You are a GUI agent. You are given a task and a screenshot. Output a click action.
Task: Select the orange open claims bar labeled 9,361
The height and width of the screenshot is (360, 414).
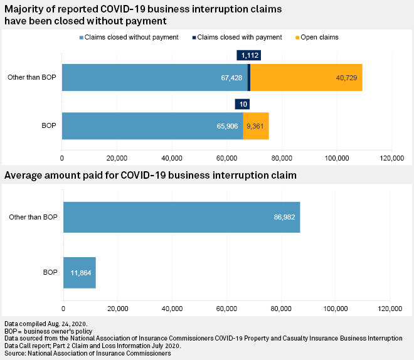click(256, 126)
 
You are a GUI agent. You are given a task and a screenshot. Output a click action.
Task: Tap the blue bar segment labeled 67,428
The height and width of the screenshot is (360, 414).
click(155, 77)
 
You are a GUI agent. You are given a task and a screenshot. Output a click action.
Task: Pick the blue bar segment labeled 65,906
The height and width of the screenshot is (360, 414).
click(152, 126)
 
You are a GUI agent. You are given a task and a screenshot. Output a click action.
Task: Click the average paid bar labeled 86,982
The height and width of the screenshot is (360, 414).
click(181, 217)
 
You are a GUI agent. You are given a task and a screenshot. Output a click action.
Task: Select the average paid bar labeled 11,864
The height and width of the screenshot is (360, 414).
click(79, 272)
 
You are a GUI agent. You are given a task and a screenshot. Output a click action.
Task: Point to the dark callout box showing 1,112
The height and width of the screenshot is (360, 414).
click(248, 56)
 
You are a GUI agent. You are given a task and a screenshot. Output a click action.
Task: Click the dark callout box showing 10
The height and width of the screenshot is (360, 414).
click(242, 104)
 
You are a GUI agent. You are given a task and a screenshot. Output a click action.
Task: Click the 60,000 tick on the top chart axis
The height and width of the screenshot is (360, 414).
click(227, 157)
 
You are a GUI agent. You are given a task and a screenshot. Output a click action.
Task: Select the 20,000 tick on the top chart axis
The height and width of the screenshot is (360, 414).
click(117, 157)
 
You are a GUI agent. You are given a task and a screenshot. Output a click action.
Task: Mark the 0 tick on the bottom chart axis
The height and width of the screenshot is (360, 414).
click(63, 308)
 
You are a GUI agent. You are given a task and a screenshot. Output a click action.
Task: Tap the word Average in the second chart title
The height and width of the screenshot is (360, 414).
click(26, 175)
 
